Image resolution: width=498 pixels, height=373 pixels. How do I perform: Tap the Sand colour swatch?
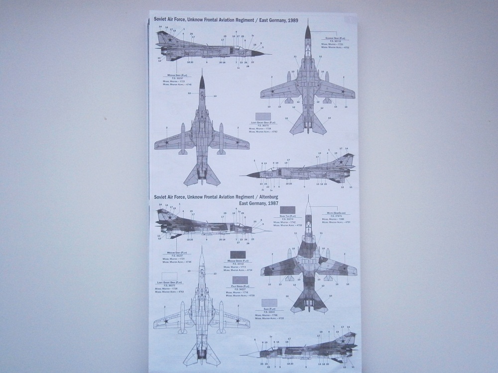point(268,302)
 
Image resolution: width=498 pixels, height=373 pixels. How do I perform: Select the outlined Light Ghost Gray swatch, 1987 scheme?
point(170,277)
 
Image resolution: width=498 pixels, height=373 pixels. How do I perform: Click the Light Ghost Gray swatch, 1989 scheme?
point(262,117)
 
